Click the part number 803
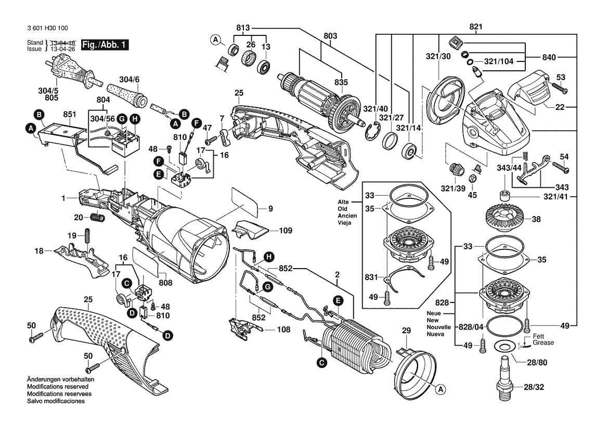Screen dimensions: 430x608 (x=330, y=36)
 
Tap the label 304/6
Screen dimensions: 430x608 (x=130, y=79)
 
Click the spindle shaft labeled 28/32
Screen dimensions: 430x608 (x=505, y=381)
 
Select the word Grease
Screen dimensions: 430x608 (x=544, y=343)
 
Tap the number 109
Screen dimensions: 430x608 (x=286, y=230)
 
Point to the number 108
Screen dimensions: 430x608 (x=283, y=329)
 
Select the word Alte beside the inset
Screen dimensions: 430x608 (x=343, y=201)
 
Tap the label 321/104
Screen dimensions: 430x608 (x=499, y=61)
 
